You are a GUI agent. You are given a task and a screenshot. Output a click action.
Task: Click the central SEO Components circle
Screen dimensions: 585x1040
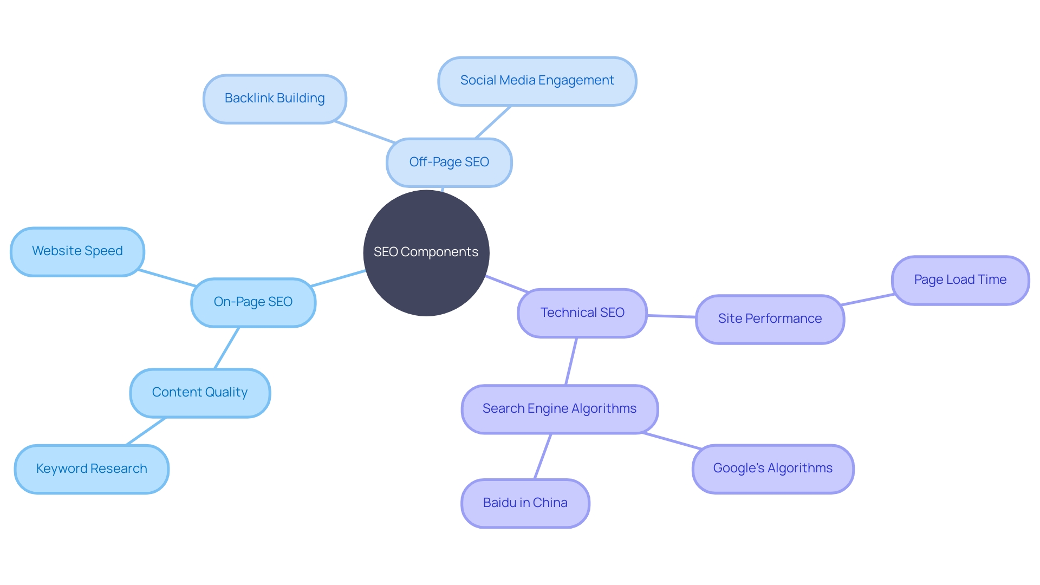(x=426, y=253)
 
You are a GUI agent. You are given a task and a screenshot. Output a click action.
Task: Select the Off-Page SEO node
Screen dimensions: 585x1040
(x=449, y=162)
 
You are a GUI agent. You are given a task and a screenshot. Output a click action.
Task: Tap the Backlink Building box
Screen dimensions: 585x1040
(x=275, y=99)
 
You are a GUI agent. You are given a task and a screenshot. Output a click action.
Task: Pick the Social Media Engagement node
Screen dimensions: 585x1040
(x=537, y=81)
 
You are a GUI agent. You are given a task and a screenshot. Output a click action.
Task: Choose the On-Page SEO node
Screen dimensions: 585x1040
(x=253, y=302)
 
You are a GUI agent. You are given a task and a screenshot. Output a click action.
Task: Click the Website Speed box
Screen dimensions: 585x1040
(x=77, y=251)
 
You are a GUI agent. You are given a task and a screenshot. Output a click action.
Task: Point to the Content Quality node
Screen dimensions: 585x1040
(x=200, y=393)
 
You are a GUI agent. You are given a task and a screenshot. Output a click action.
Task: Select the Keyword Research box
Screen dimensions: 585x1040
(x=92, y=469)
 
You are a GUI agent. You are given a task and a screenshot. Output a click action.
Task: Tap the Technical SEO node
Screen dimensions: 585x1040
(x=582, y=313)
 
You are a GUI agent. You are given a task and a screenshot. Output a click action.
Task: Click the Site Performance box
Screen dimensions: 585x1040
(x=770, y=319)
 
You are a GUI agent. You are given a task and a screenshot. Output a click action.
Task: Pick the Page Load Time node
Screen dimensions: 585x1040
(x=960, y=280)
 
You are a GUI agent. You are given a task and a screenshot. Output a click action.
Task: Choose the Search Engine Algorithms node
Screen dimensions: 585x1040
(x=560, y=409)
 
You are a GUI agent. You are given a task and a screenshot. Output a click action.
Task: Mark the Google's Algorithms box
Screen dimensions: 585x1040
(x=773, y=469)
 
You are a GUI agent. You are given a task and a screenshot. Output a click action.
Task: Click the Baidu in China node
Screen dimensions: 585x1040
(x=525, y=503)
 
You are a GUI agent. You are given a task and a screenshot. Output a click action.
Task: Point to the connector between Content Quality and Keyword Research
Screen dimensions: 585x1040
(x=146, y=431)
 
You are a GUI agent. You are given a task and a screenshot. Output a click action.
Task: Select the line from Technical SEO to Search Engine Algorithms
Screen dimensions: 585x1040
(x=571, y=361)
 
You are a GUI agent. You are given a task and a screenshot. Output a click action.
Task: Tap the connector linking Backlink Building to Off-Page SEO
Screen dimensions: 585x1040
(x=365, y=132)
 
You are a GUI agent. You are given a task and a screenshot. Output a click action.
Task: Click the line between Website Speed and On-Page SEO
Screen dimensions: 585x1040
(x=167, y=277)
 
